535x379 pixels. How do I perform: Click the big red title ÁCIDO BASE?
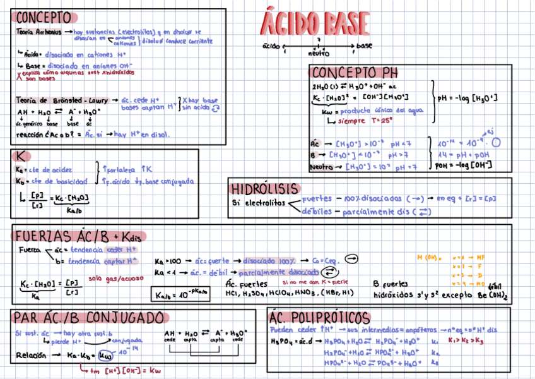[315, 24]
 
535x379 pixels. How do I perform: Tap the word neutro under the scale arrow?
[319, 54]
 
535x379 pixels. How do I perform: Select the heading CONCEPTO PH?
[354, 71]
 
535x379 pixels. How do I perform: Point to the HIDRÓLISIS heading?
[265, 189]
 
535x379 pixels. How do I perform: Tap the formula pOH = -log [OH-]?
[464, 165]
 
